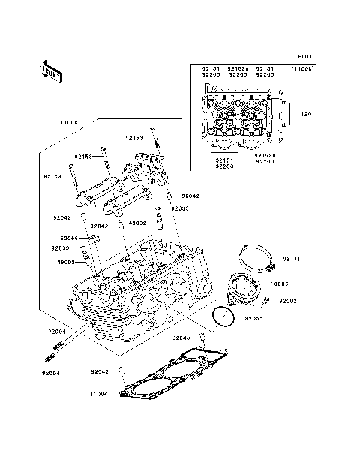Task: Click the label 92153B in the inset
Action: tap(265, 156)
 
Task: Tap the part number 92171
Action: tap(291, 259)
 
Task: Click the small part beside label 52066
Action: tap(93, 238)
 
